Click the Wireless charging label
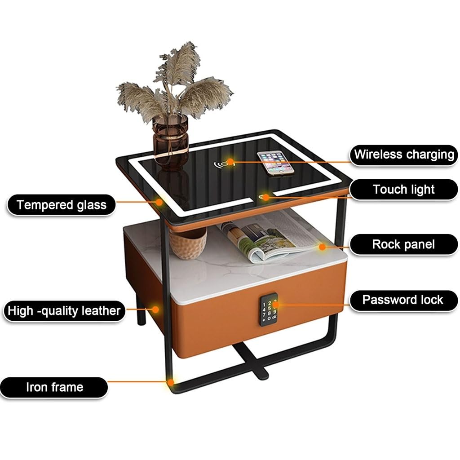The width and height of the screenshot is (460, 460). click(403, 155)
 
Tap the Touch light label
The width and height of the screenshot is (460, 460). click(403, 189)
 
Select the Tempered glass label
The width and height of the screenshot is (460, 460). click(62, 205)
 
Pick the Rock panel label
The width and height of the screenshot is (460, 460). click(403, 244)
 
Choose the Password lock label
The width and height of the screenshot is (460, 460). click(402, 300)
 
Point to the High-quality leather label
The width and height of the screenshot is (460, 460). click(64, 311)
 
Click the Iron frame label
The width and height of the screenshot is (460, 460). click(54, 387)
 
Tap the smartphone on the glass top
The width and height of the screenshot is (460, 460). click(275, 163)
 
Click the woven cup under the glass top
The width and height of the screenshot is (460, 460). click(188, 243)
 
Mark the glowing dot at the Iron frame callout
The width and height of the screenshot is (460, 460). click(171, 382)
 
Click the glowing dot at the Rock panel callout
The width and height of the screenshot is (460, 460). click(322, 246)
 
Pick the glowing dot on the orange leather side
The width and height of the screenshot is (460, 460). click(155, 309)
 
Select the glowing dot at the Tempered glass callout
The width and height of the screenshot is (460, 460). click(159, 202)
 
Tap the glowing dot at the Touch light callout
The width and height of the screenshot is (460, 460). click(266, 196)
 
